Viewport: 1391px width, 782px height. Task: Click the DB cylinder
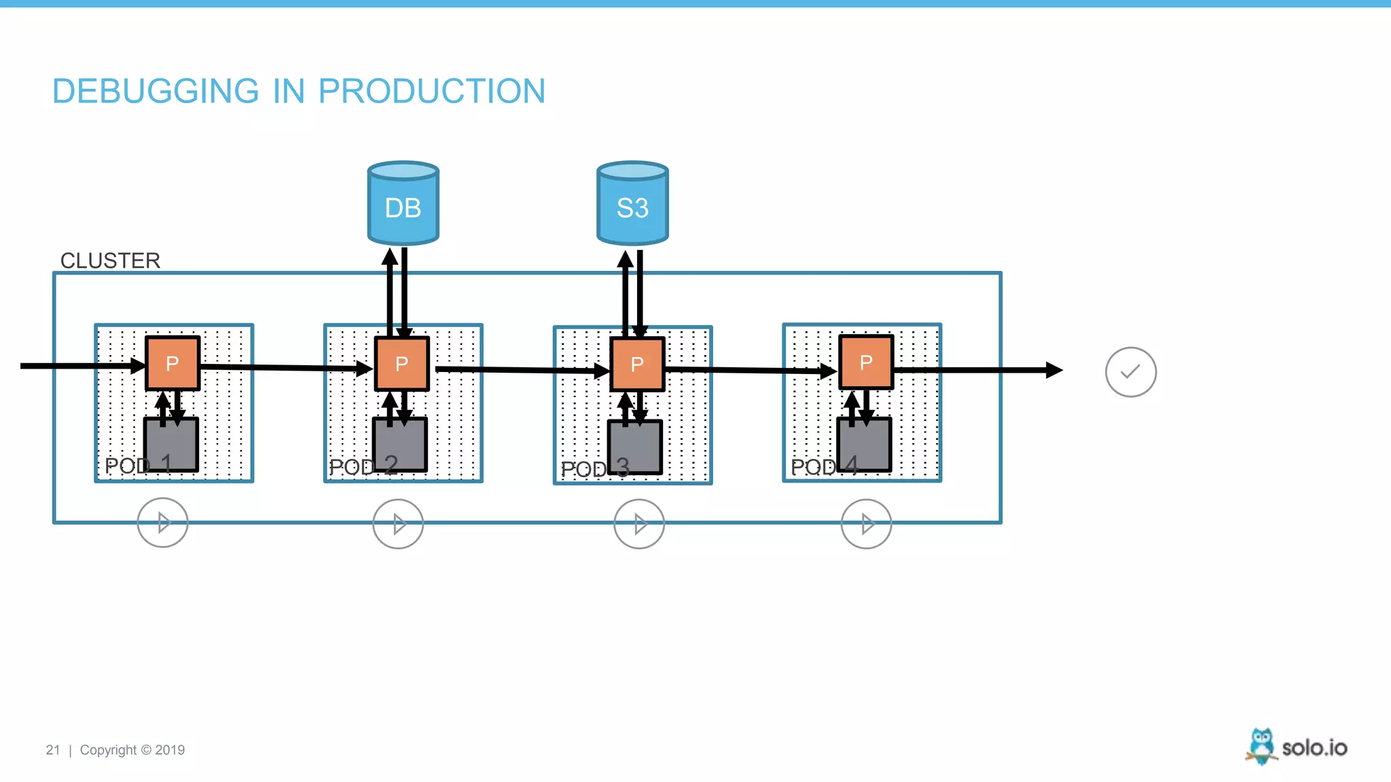pyautogui.click(x=403, y=204)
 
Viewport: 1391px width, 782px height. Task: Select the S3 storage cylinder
pyautogui.click(x=632, y=204)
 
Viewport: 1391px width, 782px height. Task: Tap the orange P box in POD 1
pyautogui.click(x=173, y=363)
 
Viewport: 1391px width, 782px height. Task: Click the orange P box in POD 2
pyautogui.click(x=402, y=364)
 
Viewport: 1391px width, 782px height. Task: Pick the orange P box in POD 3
pyautogui.click(x=637, y=365)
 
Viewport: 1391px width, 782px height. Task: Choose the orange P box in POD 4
pyautogui.click(x=866, y=362)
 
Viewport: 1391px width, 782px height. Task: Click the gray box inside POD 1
pyautogui.click(x=172, y=445)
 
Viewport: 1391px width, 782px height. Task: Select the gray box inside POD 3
pyautogui.click(x=635, y=447)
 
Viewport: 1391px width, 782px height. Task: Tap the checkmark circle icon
pyautogui.click(x=1130, y=372)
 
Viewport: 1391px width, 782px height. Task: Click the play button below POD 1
pyautogui.click(x=162, y=523)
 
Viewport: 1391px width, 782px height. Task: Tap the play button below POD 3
pyautogui.click(x=639, y=524)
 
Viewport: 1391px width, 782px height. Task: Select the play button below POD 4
pyautogui.click(x=866, y=524)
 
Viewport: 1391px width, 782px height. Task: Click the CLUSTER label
pyautogui.click(x=110, y=261)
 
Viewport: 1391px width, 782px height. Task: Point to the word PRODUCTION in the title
pyautogui.click(x=431, y=91)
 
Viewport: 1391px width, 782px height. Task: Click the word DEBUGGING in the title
pyautogui.click(x=156, y=91)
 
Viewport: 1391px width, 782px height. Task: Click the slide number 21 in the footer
pyautogui.click(x=52, y=750)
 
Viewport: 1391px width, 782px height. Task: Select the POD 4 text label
pyautogui.click(x=824, y=466)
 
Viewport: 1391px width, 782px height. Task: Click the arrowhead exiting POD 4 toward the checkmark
pyautogui.click(x=1054, y=370)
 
